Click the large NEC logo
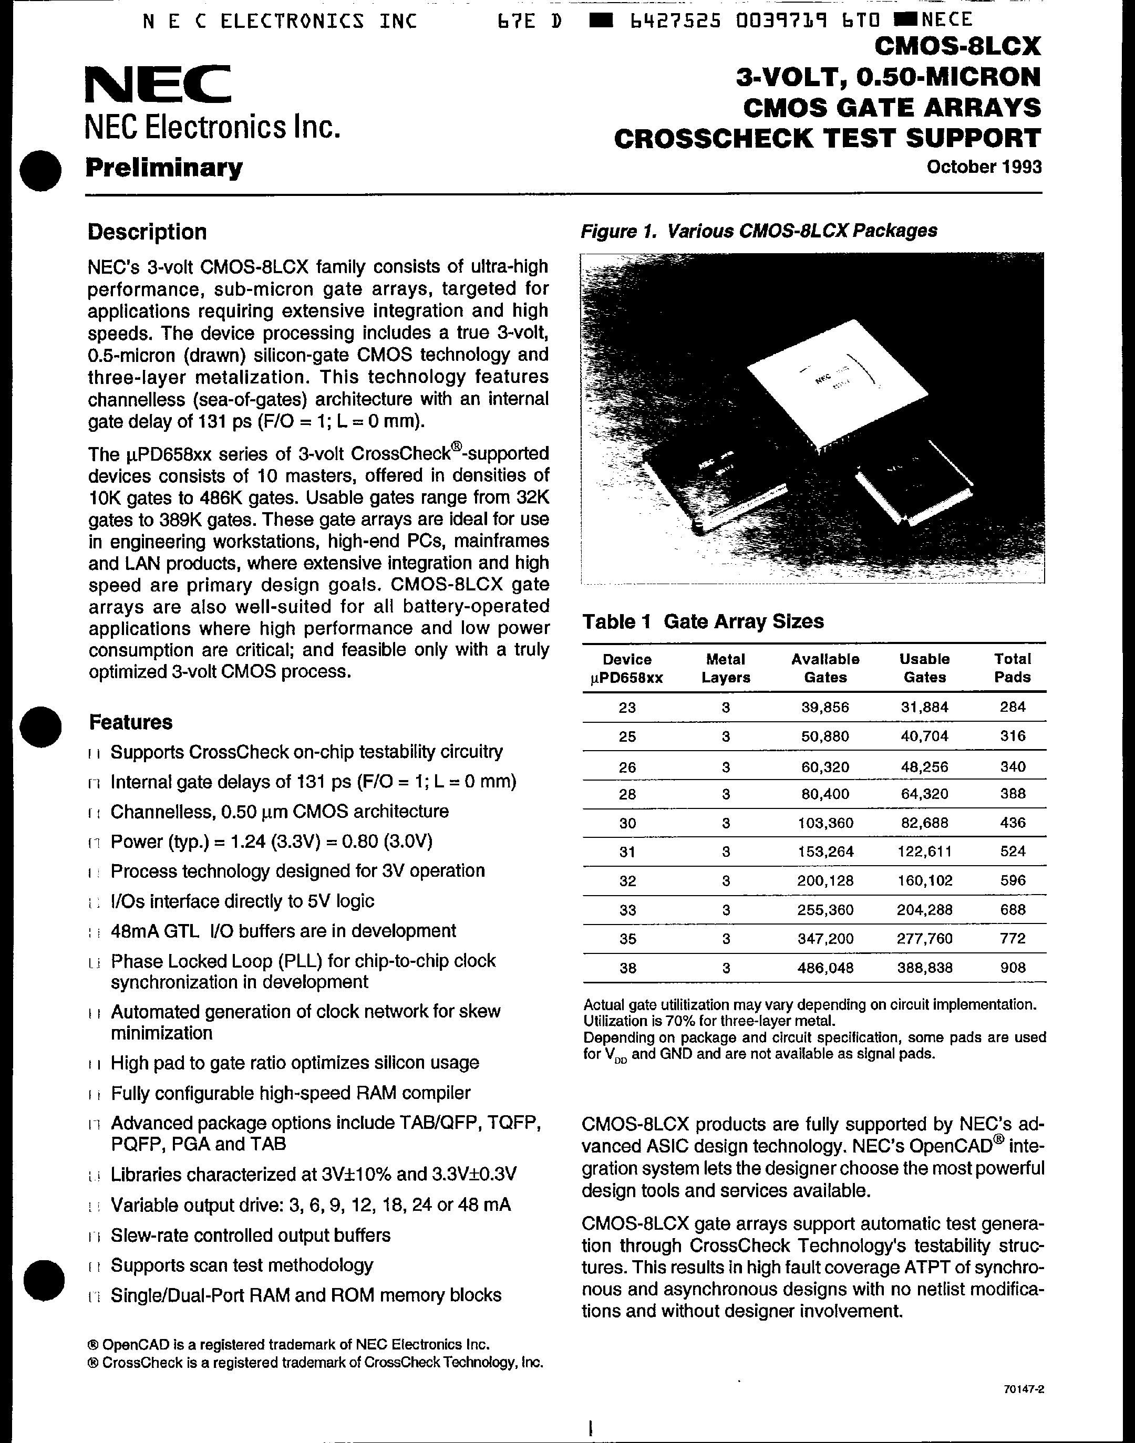click(x=158, y=85)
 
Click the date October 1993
click(x=984, y=167)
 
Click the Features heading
click(x=130, y=722)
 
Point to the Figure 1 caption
click(x=758, y=231)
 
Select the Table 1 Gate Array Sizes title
click(x=703, y=621)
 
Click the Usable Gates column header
click(x=924, y=668)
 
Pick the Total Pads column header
click(x=1012, y=668)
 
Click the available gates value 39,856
click(x=824, y=708)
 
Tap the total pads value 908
click(x=1012, y=967)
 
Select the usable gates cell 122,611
click(x=924, y=851)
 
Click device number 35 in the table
click(x=627, y=939)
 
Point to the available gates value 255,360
click(x=824, y=909)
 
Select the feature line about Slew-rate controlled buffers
click(x=250, y=1235)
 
